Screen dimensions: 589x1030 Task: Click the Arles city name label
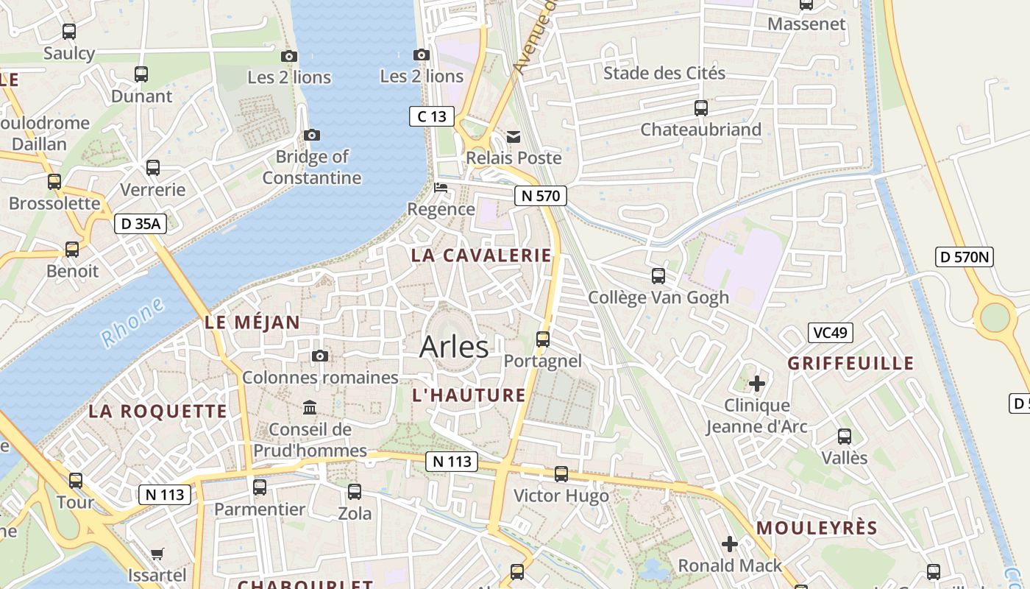tap(454, 347)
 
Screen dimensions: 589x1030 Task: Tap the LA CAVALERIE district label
tap(481, 255)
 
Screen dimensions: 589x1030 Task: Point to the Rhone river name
tap(133, 323)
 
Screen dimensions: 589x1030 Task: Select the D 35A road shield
tap(140, 224)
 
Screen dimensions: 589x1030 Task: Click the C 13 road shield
tap(432, 116)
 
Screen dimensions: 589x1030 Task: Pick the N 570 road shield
tap(541, 196)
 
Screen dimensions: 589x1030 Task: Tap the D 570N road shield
tap(965, 257)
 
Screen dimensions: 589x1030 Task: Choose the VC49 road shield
tap(830, 333)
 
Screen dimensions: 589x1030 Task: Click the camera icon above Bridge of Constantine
tap(312, 135)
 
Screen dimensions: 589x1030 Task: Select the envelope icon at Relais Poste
tap(514, 136)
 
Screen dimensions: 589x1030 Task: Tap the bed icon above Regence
tap(441, 188)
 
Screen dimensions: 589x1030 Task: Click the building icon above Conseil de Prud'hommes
tap(310, 407)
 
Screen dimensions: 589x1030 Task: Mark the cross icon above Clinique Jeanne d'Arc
tap(757, 383)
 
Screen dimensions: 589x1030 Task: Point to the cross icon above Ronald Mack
tap(730, 544)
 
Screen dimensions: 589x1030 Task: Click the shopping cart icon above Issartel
tap(157, 554)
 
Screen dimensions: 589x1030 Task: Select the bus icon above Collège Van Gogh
tap(658, 276)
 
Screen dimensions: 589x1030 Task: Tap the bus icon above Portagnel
tap(543, 339)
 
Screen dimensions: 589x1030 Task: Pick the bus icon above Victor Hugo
tap(561, 474)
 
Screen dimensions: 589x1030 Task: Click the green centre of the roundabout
tap(995, 317)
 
